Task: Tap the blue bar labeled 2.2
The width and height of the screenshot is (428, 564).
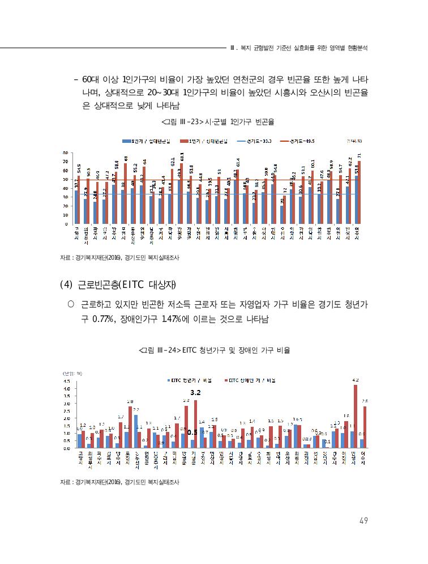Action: (x=136, y=431)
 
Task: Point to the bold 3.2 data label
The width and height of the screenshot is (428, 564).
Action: (x=196, y=392)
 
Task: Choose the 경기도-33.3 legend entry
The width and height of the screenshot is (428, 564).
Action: (x=256, y=141)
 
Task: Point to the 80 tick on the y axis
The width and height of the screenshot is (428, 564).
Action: (x=66, y=153)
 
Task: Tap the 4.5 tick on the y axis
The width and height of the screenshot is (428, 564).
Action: (x=66, y=381)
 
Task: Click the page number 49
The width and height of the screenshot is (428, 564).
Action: (x=363, y=521)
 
